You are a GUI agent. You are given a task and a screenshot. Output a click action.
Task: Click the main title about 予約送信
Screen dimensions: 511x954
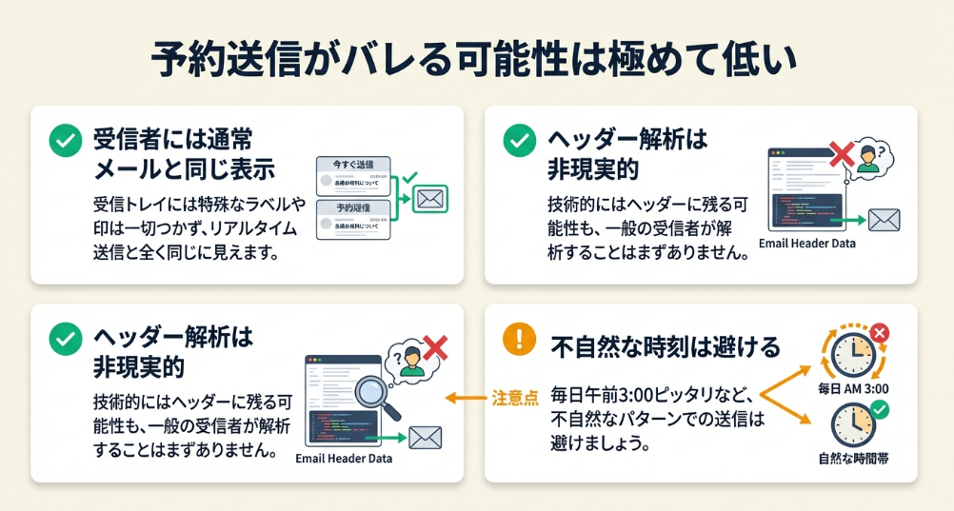tap(476, 59)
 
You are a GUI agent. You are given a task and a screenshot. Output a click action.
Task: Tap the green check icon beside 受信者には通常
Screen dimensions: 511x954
tap(65, 142)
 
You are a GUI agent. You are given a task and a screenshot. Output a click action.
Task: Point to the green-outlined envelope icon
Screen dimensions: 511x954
tap(432, 199)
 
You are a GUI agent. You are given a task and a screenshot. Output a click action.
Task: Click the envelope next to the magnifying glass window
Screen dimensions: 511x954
tap(425, 439)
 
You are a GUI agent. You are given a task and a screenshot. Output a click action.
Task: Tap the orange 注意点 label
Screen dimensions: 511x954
tap(515, 396)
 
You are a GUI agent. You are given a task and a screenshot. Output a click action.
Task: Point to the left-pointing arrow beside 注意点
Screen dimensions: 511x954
tap(466, 396)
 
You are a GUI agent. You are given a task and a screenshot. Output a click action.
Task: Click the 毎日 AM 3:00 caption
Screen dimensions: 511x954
tap(853, 390)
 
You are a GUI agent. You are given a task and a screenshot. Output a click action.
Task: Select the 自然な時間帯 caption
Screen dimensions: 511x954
tap(853, 459)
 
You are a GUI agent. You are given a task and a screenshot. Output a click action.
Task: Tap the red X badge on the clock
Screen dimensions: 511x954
tap(879, 333)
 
